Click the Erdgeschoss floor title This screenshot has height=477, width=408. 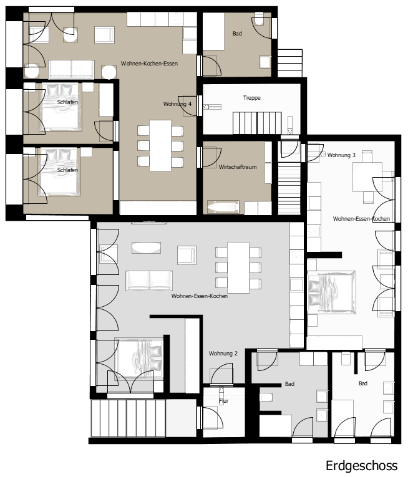361,466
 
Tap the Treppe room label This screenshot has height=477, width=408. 252,98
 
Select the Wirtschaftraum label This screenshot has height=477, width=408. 238,166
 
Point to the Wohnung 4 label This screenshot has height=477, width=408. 177,104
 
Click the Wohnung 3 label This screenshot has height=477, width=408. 341,155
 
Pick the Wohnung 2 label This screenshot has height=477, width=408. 223,354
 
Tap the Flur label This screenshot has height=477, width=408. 224,401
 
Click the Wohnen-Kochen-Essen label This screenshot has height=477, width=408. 149,64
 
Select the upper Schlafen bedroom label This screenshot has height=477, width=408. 67,102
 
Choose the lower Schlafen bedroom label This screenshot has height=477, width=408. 67,170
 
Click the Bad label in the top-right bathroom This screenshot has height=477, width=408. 237,34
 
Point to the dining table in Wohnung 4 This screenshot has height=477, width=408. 160,145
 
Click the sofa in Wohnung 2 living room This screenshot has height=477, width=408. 149,280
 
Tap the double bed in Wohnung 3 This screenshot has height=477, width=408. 331,292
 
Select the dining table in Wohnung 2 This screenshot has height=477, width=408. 238,267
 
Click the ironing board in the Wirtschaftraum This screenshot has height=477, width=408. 223,208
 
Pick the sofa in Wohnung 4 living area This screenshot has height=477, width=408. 72,70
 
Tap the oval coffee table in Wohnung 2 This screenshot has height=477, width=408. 146,248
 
